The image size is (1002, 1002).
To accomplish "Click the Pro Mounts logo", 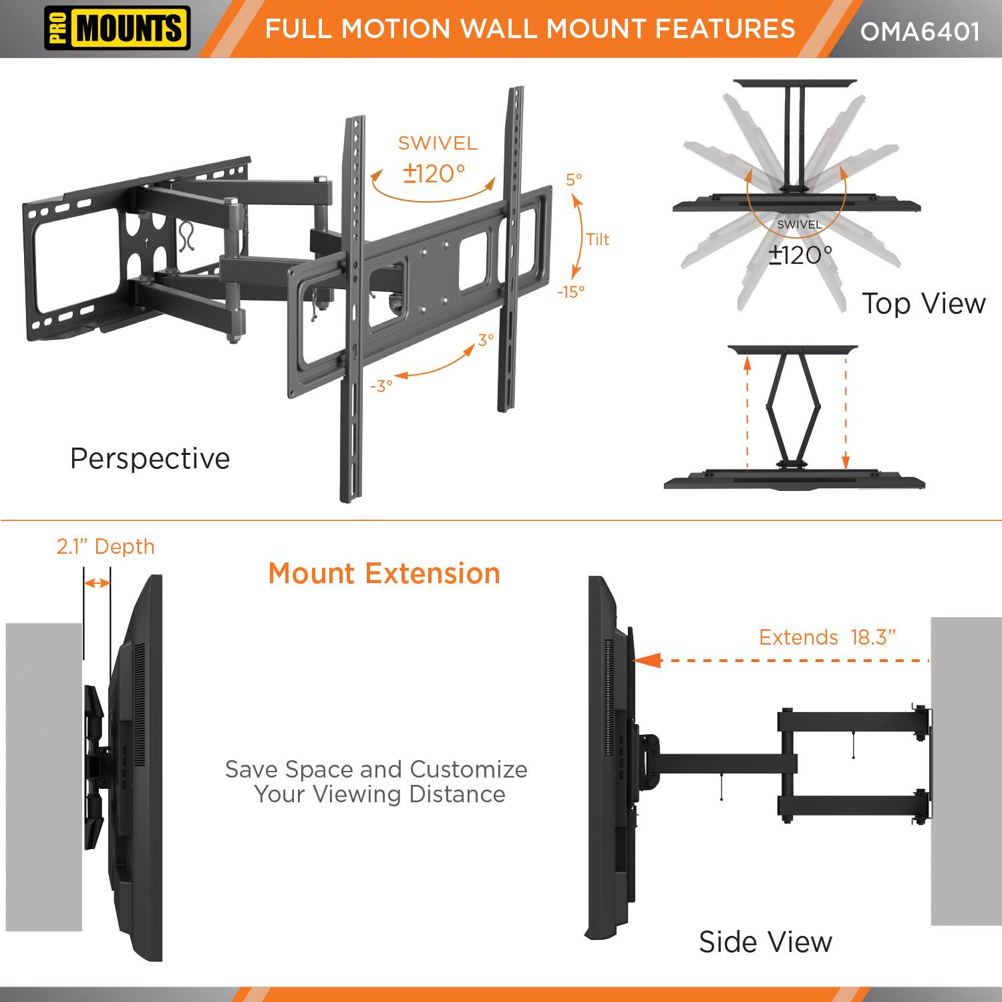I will click(117, 29).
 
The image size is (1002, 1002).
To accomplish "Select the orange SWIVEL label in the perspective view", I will click(438, 143).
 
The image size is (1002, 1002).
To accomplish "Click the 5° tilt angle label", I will click(574, 179).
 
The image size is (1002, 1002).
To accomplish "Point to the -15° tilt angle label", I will click(570, 292).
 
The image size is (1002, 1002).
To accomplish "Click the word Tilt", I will click(597, 239).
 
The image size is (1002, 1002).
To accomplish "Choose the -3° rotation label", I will click(381, 386).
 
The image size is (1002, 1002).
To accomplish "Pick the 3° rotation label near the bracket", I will click(486, 339).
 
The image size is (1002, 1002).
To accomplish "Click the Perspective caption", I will click(150, 459).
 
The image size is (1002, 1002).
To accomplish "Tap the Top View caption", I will click(923, 303).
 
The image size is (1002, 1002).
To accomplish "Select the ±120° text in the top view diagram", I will click(800, 255).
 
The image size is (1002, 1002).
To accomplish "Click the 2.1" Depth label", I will click(106, 546).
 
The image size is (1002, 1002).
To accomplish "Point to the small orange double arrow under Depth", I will click(97, 583).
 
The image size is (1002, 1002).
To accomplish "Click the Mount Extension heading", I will click(384, 574).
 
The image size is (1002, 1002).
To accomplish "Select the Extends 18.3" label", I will click(827, 637).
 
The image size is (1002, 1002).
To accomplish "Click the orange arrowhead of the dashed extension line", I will click(646, 661).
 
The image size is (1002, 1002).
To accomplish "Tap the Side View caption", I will click(766, 942).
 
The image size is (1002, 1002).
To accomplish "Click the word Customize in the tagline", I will click(468, 770).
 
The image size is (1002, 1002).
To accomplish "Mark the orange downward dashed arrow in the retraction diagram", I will click(846, 414).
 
